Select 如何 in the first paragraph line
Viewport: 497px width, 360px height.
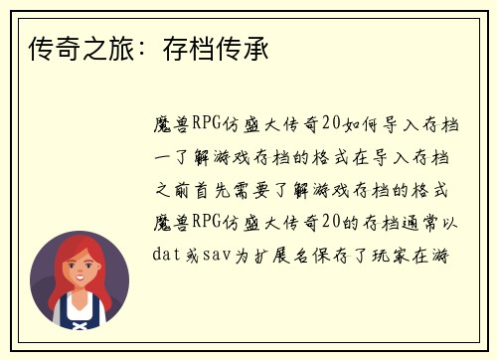365,123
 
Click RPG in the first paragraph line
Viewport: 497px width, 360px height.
208,123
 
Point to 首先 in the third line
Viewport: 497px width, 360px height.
226,189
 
